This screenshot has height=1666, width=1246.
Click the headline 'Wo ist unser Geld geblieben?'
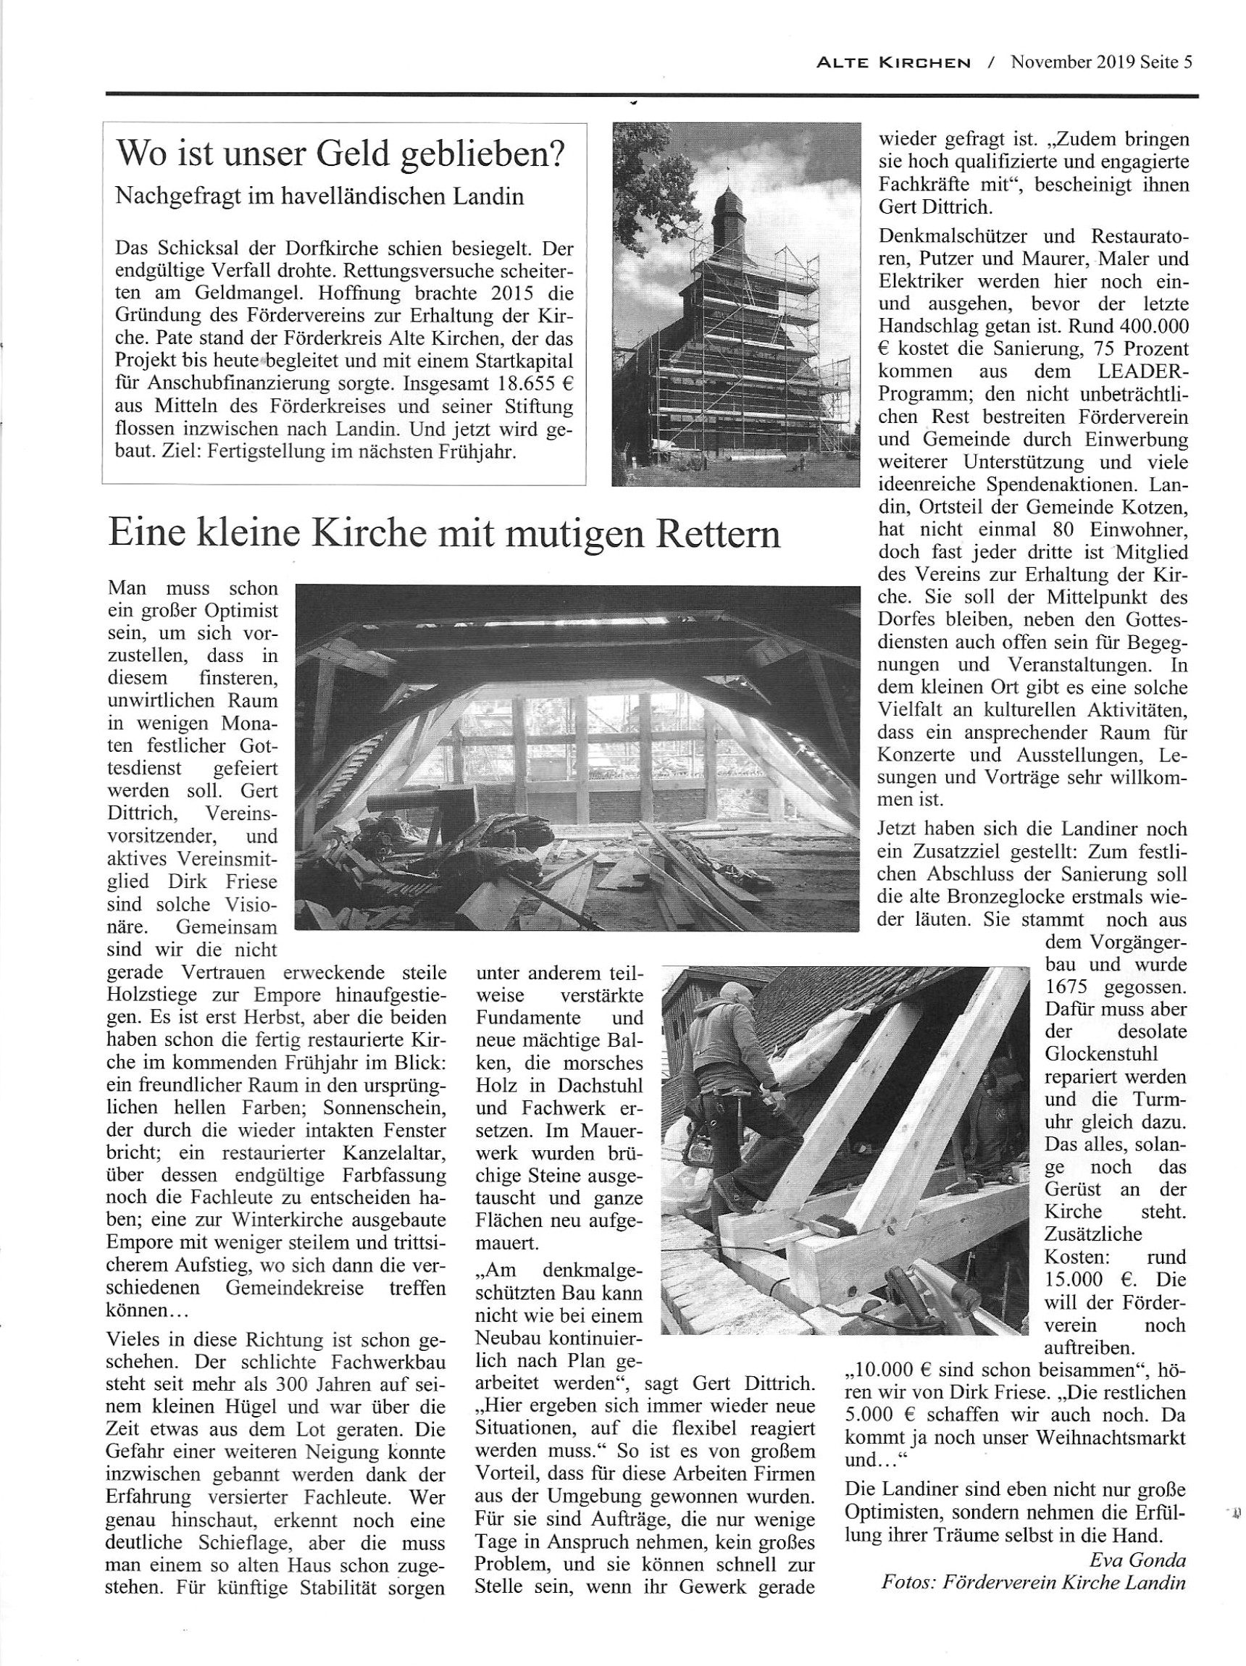pos(340,155)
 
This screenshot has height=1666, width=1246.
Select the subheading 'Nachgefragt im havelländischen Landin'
pos(319,196)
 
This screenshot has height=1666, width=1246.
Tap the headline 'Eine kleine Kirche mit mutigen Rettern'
pos(445,534)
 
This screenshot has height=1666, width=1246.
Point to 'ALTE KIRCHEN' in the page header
pos(893,63)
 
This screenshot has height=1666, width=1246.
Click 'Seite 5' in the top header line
pos(1165,62)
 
